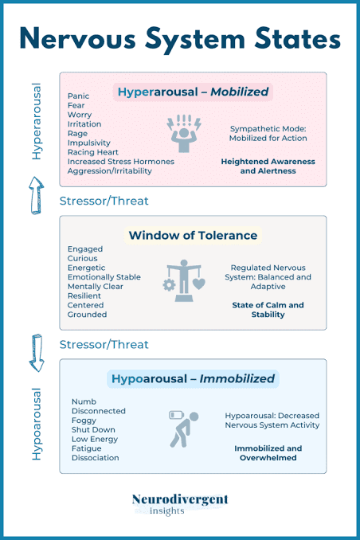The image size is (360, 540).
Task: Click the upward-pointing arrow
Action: pyautogui.click(x=36, y=195)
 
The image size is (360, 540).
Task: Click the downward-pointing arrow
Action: pyautogui.click(x=36, y=353)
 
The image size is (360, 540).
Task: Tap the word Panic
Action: pyautogui.click(x=78, y=96)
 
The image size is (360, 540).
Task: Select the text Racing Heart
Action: pyautogui.click(x=92, y=152)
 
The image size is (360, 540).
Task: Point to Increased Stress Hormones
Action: pyautogui.click(x=120, y=162)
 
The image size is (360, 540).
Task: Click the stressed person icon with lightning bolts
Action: pyautogui.click(x=184, y=133)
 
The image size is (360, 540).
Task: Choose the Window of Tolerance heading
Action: pyautogui.click(x=193, y=236)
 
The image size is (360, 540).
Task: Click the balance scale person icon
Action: pyautogui.click(x=184, y=280)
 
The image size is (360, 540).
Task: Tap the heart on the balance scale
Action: pyautogui.click(x=199, y=284)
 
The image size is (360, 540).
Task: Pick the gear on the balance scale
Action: pyautogui.click(x=169, y=285)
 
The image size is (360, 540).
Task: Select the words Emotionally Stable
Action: pyautogui.click(x=104, y=277)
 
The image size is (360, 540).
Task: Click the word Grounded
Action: pyautogui.click(x=87, y=315)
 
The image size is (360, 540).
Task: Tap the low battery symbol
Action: pyautogui.click(x=176, y=415)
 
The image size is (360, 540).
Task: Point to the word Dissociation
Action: pyautogui.click(x=95, y=458)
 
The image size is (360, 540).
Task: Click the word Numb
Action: pyautogui.click(x=84, y=401)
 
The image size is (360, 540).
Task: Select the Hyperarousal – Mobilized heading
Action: pyautogui.click(x=193, y=92)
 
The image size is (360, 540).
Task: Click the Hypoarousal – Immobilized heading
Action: pyautogui.click(x=193, y=379)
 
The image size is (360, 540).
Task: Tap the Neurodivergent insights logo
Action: pyautogui.click(x=180, y=504)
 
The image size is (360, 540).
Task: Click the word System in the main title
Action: pyautogui.click(x=194, y=39)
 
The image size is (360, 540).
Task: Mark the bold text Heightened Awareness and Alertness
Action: pyautogui.click(x=268, y=166)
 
